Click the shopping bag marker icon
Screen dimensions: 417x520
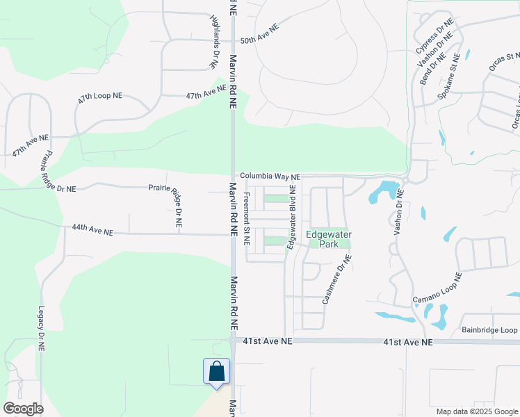coord(216,370)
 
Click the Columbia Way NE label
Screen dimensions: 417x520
coord(270,177)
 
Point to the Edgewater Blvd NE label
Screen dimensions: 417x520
coord(293,208)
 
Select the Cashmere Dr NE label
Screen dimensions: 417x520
coord(336,279)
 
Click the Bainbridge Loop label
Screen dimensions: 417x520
coord(489,330)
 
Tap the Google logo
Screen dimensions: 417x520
coord(23,408)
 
